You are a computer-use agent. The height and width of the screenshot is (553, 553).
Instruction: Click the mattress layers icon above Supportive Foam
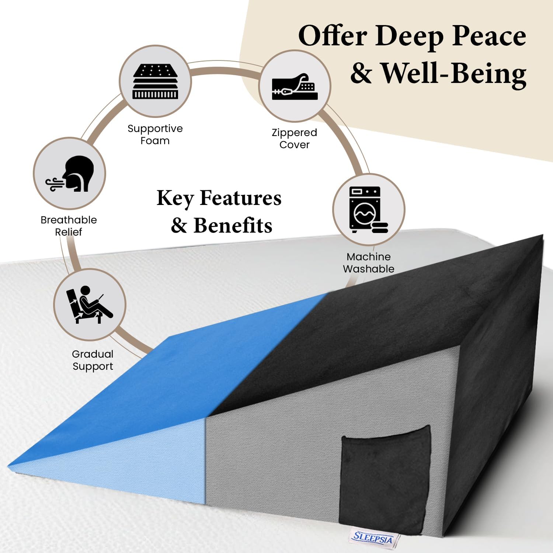pos(155,81)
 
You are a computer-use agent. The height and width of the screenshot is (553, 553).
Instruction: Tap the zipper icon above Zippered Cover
pos(295,87)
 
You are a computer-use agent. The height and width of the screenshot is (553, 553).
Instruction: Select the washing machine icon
pos(368,210)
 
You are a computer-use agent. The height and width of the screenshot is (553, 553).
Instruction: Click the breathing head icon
pos(70,174)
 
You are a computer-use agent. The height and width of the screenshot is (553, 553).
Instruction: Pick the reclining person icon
pos(89,305)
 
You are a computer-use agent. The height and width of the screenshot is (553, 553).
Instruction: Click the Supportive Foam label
pos(155,135)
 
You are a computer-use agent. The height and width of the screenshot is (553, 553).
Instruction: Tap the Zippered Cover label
pos(294,139)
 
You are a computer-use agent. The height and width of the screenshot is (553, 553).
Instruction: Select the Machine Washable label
pos(369,262)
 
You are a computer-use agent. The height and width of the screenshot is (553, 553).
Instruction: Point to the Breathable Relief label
pos(69,226)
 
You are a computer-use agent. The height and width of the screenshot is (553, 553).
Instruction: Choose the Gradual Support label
pos(93,360)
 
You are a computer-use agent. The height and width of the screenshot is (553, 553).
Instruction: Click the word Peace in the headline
pos(489,36)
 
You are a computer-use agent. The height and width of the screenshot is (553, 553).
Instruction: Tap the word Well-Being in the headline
pos(453,73)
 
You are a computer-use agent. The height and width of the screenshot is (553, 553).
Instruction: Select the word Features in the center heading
pos(240,198)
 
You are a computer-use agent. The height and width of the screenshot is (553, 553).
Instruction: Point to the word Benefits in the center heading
pos(233,225)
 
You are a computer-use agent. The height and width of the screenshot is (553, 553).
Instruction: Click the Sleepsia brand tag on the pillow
pos(372,538)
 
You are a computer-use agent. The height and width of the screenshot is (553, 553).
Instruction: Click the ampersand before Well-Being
pos(361,73)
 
